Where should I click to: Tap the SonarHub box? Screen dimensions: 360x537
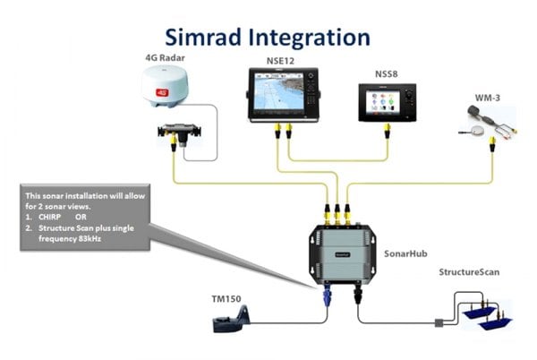(x=343, y=252)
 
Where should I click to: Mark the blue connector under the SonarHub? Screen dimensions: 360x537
(x=328, y=294)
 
